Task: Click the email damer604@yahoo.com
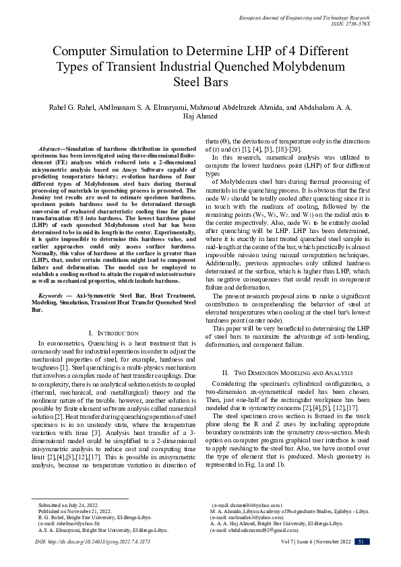click(247, 504)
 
